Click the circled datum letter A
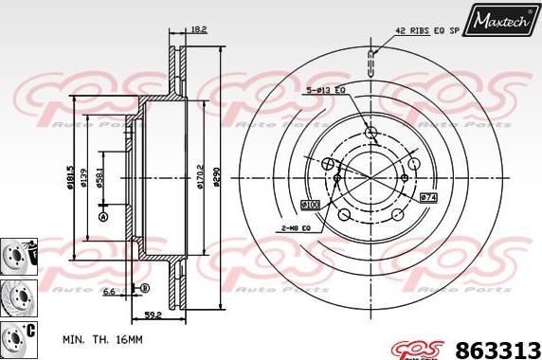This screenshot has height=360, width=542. [x=103, y=217]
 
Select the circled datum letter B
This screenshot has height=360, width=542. [x=145, y=288]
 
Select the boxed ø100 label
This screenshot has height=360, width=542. [x=310, y=204]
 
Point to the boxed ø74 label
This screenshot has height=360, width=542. [x=427, y=197]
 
